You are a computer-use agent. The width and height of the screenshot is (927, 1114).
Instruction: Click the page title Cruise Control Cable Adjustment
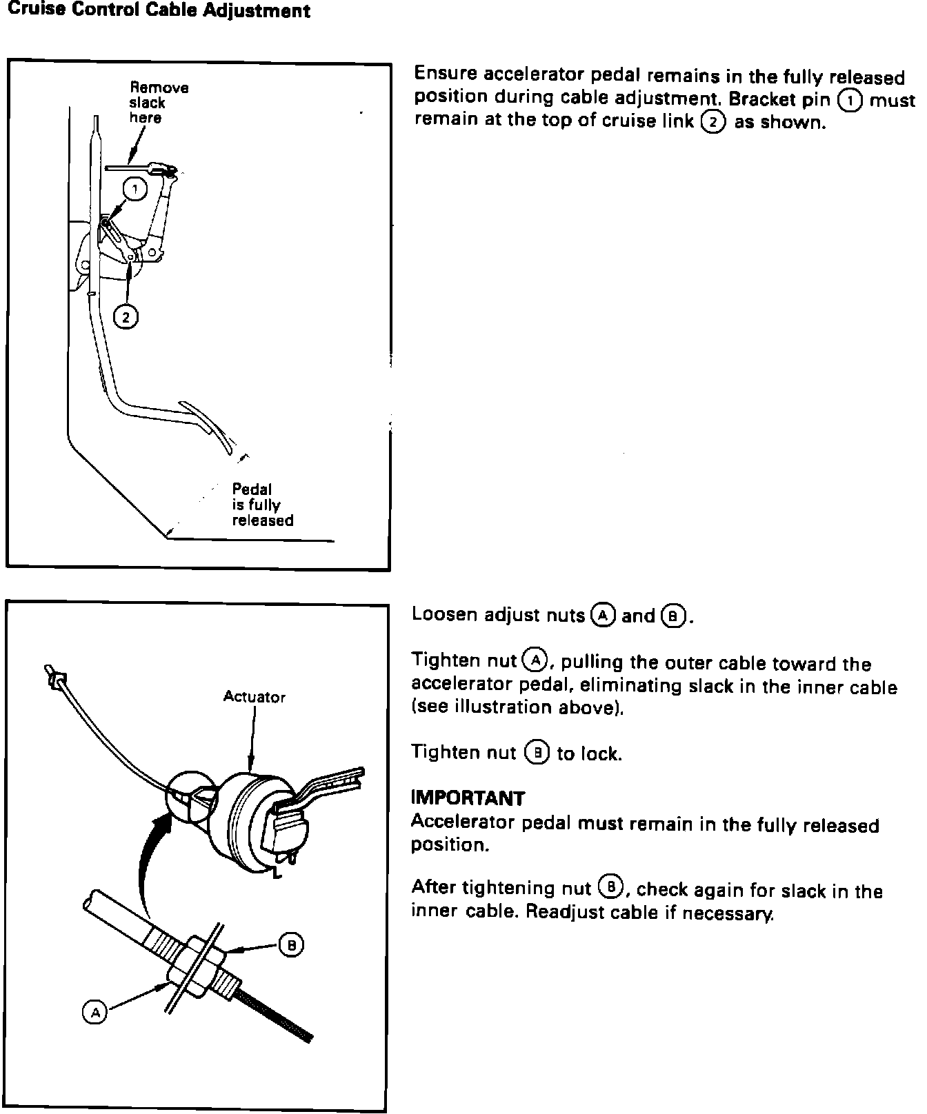tap(159, 11)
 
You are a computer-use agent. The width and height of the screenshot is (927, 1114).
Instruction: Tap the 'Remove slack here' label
tap(159, 103)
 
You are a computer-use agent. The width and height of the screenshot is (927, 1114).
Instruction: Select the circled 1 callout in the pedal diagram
tap(135, 189)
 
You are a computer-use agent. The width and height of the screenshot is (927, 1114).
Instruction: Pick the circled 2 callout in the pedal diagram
tap(126, 316)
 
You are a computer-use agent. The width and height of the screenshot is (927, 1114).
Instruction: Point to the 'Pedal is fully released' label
tap(262, 505)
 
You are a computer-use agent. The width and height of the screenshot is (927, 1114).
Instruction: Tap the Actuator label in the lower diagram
tap(254, 696)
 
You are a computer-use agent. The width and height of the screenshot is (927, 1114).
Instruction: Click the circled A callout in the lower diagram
tap(94, 1012)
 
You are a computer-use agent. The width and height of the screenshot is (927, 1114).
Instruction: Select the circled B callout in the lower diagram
tap(291, 945)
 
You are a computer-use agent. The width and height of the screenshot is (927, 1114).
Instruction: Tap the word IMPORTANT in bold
tap(468, 798)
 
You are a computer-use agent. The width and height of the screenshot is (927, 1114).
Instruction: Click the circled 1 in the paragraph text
tap(849, 100)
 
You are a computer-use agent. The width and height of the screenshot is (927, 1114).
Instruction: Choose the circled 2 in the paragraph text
tap(712, 122)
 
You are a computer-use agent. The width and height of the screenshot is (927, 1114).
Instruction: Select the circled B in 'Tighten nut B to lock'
tap(536, 753)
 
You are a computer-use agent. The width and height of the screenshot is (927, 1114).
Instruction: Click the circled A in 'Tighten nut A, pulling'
tap(535, 660)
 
